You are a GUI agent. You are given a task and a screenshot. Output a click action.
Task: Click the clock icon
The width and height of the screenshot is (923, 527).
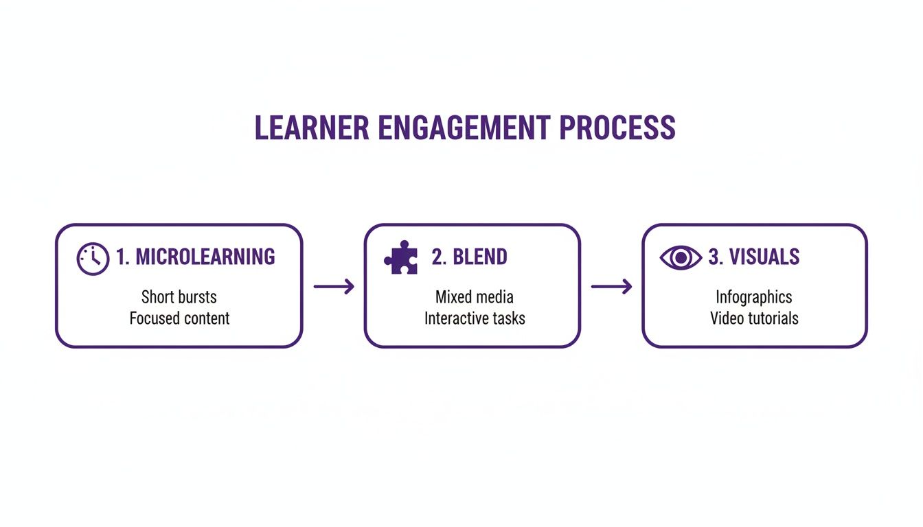(93, 259)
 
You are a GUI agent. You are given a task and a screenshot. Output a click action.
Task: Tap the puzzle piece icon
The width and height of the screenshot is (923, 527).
(400, 258)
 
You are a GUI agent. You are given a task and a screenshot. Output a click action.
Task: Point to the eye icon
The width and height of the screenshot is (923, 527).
(681, 258)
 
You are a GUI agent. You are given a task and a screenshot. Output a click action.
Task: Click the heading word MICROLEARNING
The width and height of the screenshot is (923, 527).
(205, 257)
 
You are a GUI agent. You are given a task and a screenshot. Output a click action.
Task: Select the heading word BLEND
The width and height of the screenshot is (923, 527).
(480, 257)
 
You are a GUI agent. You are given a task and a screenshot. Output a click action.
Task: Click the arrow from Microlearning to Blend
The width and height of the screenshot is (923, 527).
(334, 287)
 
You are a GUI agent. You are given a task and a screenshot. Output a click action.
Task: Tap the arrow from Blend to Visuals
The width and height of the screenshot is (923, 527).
(611, 287)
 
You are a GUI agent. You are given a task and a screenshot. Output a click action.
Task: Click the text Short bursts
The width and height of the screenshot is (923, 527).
(179, 297)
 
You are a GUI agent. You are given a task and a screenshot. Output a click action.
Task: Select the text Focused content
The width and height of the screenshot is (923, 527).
(179, 318)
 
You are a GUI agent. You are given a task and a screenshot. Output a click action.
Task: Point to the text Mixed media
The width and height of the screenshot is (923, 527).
(474, 297)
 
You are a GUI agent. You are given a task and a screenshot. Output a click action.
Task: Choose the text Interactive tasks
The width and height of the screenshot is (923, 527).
(474, 318)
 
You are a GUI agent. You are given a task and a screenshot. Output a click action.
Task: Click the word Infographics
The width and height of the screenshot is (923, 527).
(754, 297)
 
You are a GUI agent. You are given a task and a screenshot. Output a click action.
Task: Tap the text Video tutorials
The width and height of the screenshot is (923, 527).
(754, 318)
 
